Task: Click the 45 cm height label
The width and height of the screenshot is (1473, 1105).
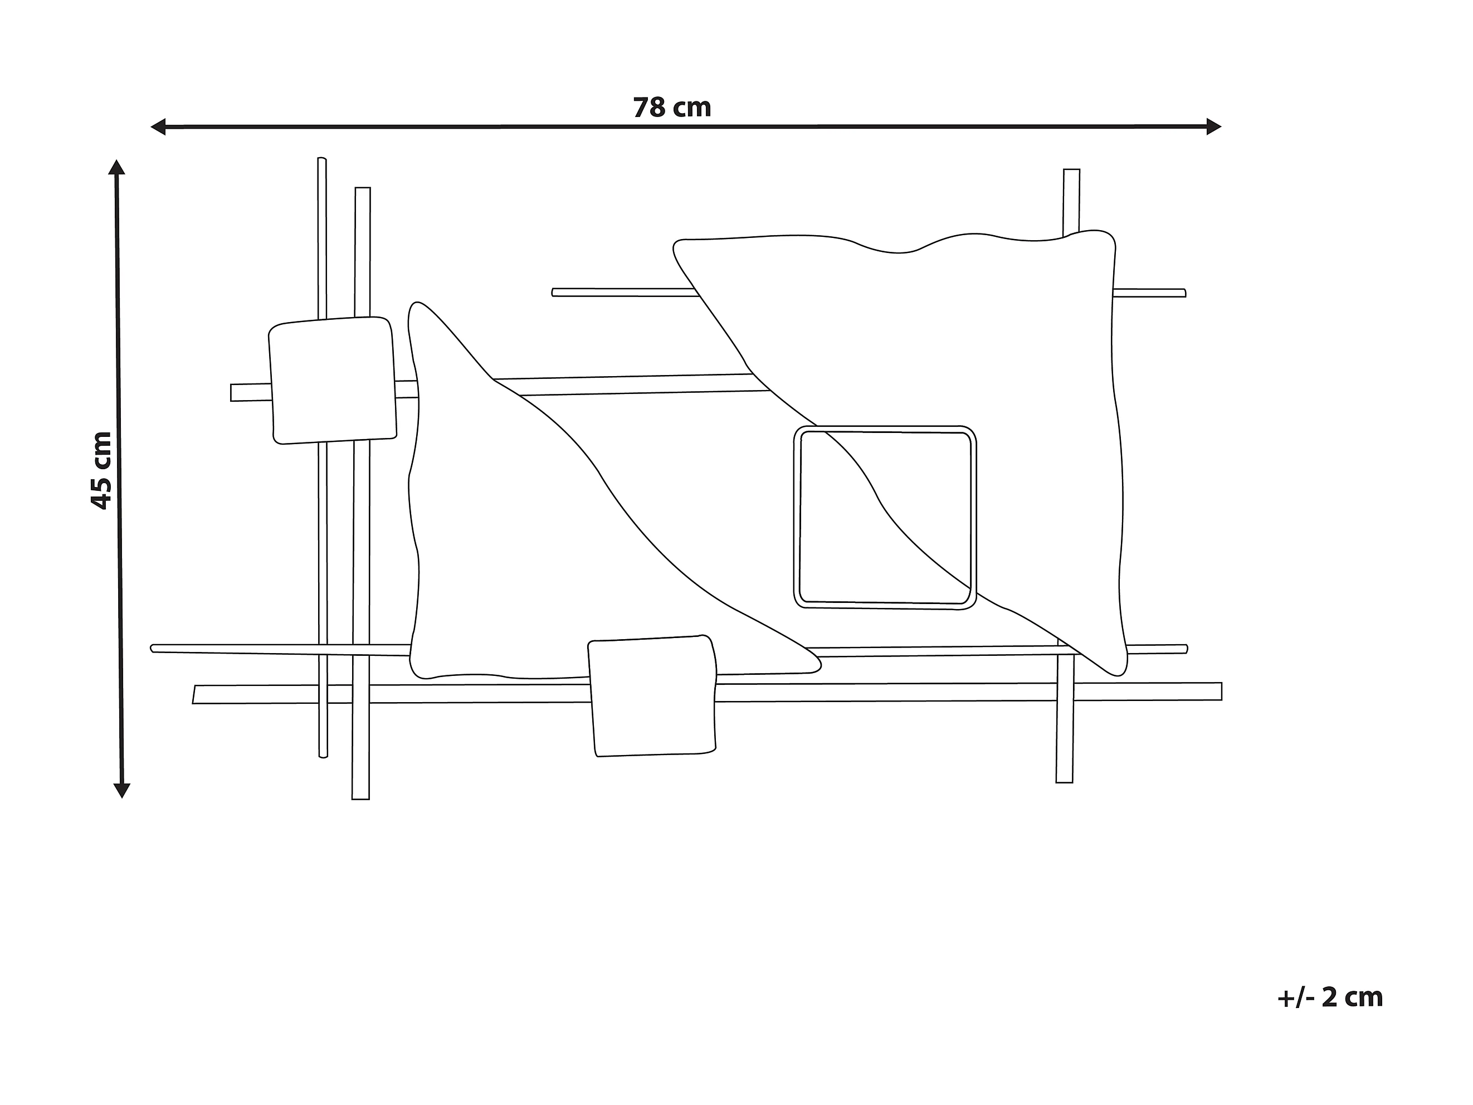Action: pyautogui.click(x=101, y=471)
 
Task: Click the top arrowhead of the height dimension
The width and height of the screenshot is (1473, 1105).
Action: pyautogui.click(x=117, y=167)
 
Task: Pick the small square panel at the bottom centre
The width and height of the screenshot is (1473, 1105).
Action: pyautogui.click(x=652, y=697)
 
